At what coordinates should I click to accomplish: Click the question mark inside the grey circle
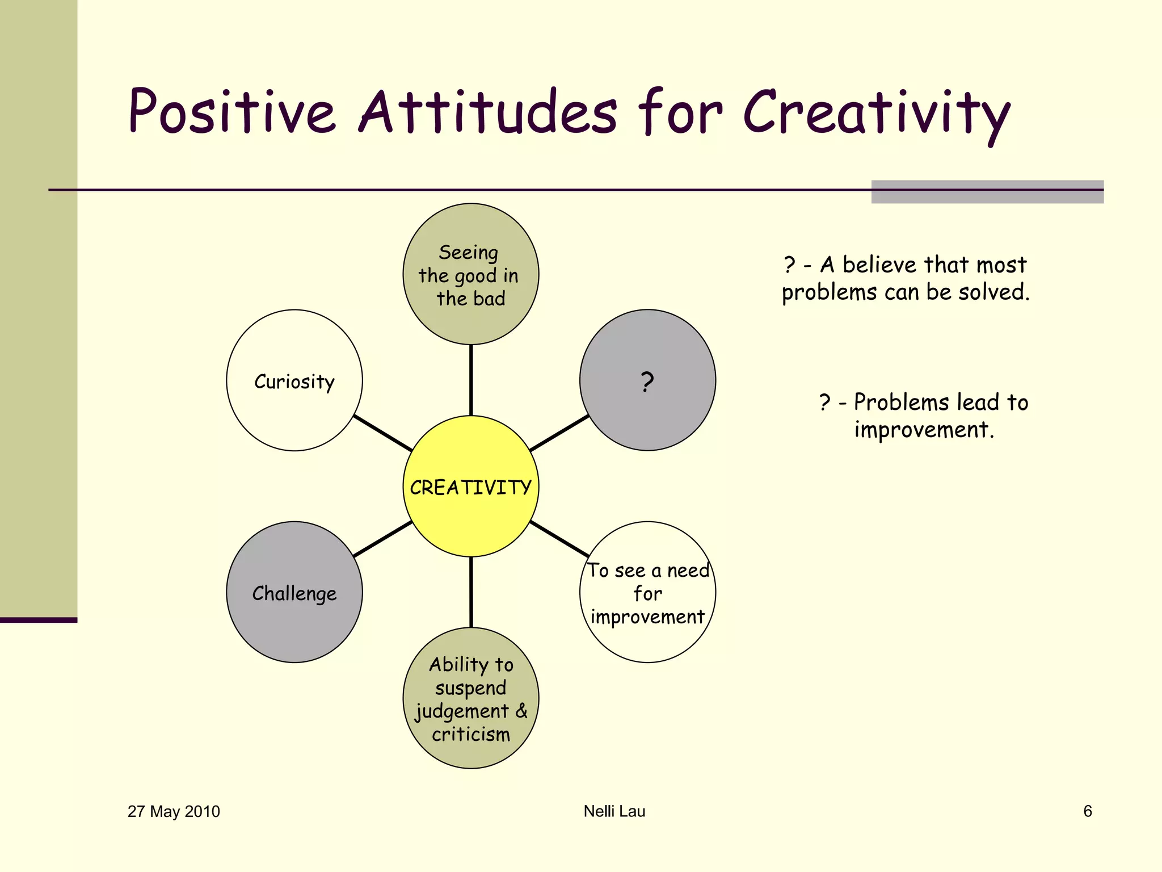coord(647,382)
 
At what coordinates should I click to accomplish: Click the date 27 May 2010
coord(174,811)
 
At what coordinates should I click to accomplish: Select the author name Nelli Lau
coord(614,811)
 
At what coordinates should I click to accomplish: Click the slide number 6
coord(1087,811)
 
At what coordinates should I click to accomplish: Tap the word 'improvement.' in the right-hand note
coord(924,430)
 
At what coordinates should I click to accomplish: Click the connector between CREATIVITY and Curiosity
coord(383,433)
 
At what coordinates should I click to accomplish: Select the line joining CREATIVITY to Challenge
coord(383,539)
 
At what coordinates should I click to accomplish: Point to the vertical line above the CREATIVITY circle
coord(471,380)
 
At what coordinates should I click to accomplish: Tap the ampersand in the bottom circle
coord(521,710)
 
